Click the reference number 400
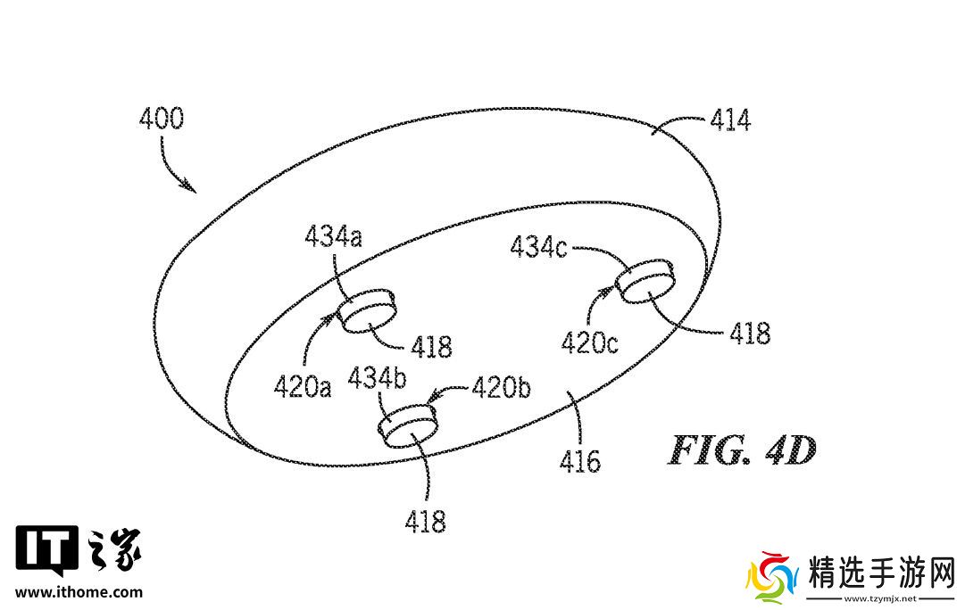[x=162, y=120]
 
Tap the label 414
[x=729, y=120]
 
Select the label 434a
[x=334, y=238]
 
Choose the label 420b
[x=502, y=387]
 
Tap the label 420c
[x=589, y=342]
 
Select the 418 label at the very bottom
[x=425, y=521]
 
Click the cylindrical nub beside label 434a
[x=366, y=310]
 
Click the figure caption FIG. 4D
[x=742, y=452]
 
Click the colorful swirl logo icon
[x=770, y=579]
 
